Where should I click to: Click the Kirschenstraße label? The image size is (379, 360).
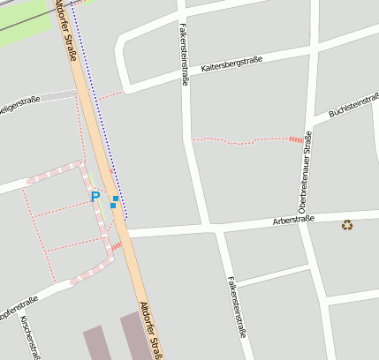pyautogui.click(x=30, y=338)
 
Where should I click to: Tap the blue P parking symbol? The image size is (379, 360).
pyautogui.click(x=95, y=197)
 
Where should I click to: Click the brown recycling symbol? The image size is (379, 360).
pyautogui.click(x=347, y=225)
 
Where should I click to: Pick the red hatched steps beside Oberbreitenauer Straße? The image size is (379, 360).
pyautogui.click(x=295, y=139)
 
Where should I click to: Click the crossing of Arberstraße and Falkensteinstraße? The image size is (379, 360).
pyautogui.click(x=212, y=228)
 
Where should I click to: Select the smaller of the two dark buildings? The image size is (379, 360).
pyautogui.click(x=95, y=343)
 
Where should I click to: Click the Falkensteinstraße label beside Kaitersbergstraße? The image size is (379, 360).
pyautogui.click(x=184, y=53)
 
